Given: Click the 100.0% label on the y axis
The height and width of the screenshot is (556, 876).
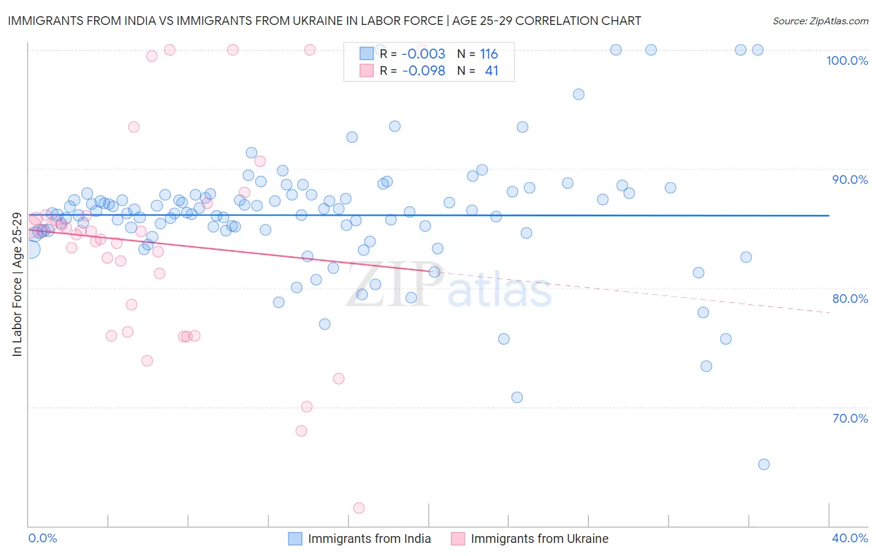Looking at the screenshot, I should [847, 60].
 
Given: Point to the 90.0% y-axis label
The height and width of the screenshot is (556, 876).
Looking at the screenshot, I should [850, 180].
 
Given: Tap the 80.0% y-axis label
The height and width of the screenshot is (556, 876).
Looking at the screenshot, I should [850, 299].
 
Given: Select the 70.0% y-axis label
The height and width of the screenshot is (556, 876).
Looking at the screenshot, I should [850, 418].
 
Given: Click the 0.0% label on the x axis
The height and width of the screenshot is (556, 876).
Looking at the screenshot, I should [42, 538].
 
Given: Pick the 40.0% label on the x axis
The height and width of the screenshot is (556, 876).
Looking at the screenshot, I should [850, 538].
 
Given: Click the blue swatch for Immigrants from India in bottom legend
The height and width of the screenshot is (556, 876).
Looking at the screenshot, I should [295, 539].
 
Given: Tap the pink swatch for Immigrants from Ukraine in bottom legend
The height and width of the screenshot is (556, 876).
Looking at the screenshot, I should [458, 539].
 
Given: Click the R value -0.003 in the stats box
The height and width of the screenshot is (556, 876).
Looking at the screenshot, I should [423, 54].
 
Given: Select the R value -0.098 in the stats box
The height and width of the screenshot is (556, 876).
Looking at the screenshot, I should [423, 70].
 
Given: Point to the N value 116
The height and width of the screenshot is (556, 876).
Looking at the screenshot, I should [488, 54].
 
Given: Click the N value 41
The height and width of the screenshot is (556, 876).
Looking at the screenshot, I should [491, 70].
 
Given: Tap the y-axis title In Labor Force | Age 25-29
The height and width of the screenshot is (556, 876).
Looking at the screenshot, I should [17, 284].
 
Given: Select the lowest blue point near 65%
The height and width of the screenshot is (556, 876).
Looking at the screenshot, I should [764, 464].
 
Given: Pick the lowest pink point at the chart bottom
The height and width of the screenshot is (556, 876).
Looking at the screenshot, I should [359, 508].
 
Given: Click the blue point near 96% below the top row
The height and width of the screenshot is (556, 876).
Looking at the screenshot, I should [578, 94].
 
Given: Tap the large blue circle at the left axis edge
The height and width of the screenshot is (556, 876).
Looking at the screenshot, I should [30, 250].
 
